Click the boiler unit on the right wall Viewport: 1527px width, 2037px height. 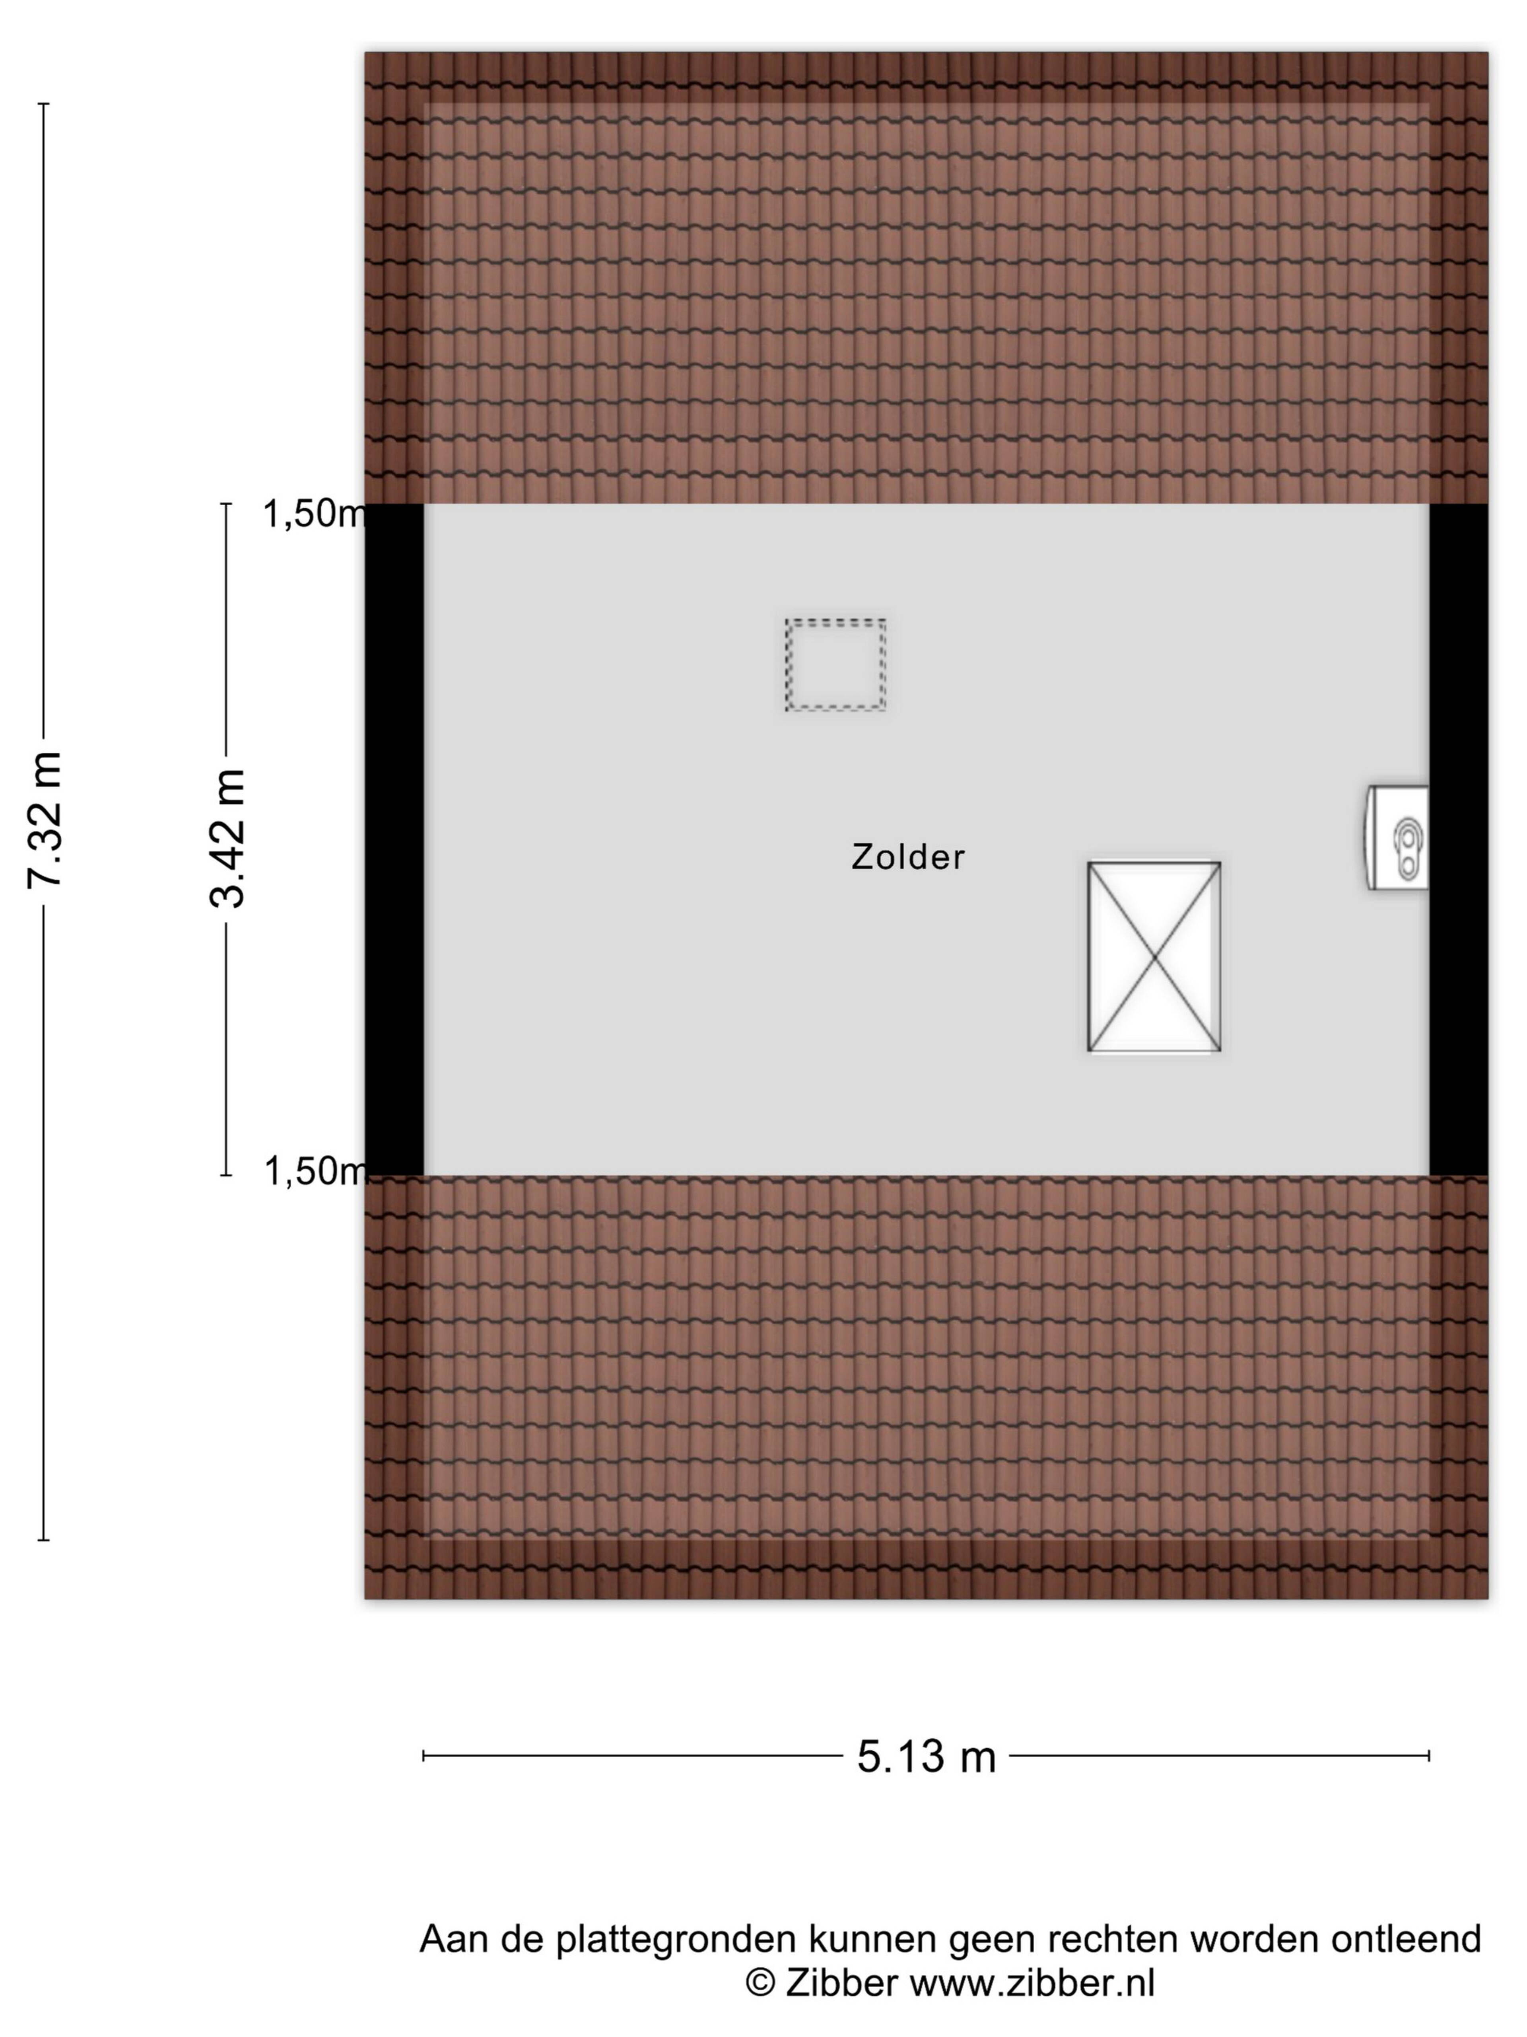click(1396, 837)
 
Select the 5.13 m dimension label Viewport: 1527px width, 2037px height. click(926, 1756)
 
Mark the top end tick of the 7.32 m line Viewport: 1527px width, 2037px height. click(43, 104)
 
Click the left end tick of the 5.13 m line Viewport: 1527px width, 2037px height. click(424, 1756)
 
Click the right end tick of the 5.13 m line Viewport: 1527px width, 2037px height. click(1430, 1756)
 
